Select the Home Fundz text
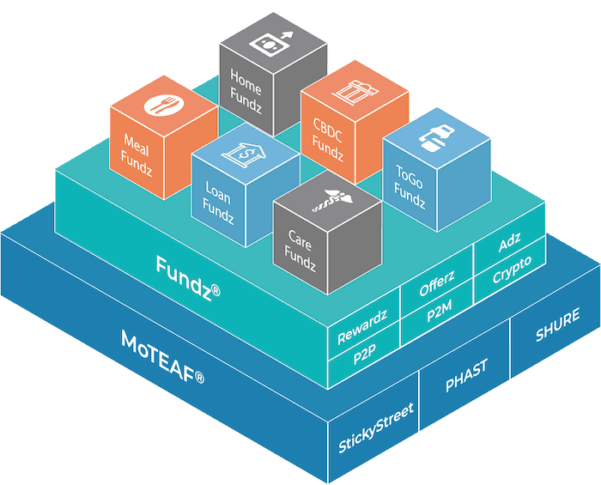click(x=246, y=88)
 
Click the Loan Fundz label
click(x=218, y=200)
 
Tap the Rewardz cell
click(x=361, y=326)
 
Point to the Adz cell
click(x=509, y=246)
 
